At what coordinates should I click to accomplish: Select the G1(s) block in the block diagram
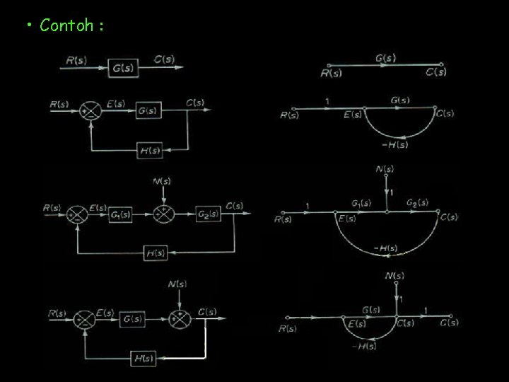pyautogui.click(x=119, y=213)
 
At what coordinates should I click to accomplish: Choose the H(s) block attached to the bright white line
pyautogui.click(x=144, y=359)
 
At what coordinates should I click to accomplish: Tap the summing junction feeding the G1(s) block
pyautogui.click(x=77, y=213)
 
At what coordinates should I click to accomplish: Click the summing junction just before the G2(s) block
pyautogui.click(x=162, y=213)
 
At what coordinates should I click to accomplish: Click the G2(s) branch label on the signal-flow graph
pyautogui.click(x=417, y=202)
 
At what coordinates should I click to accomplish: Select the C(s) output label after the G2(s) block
pyautogui.click(x=234, y=206)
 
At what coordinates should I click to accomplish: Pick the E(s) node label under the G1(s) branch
pyautogui.click(x=346, y=219)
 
